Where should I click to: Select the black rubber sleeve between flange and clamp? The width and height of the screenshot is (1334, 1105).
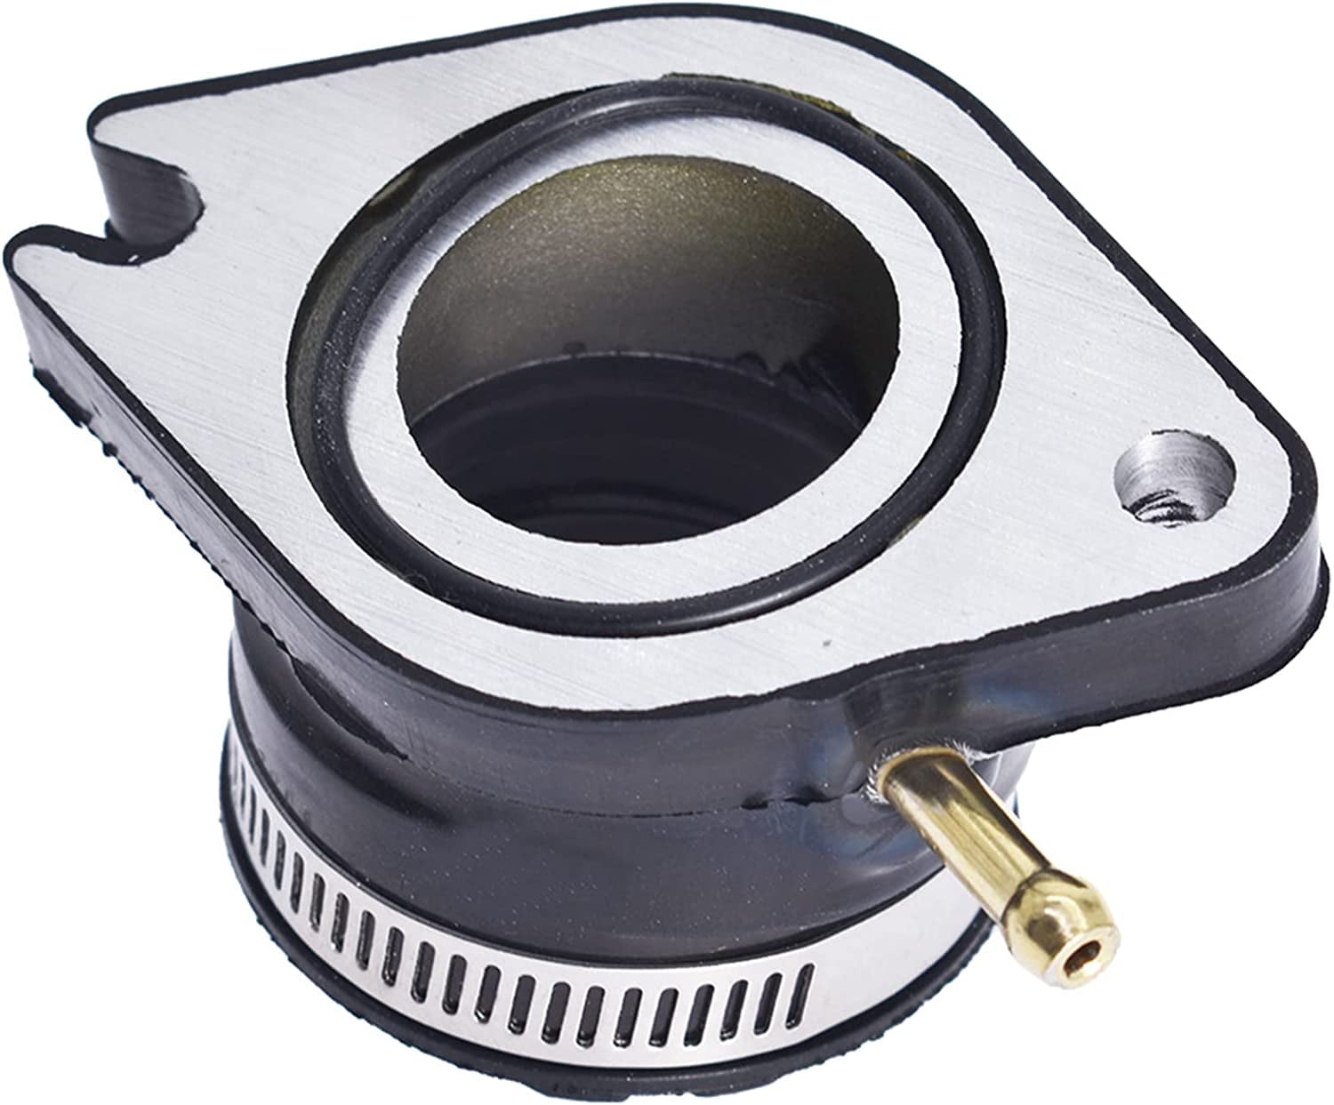pyautogui.click(x=534, y=782)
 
